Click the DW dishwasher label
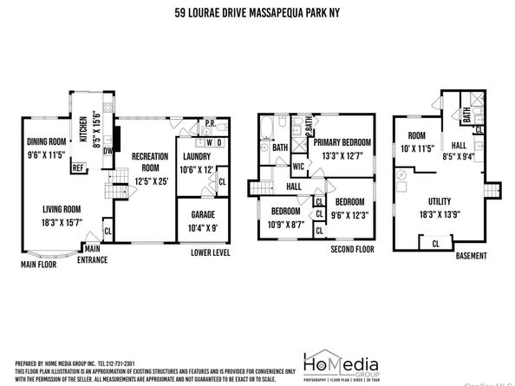click(106, 149)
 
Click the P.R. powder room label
click(210, 123)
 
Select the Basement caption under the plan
click(473, 258)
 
